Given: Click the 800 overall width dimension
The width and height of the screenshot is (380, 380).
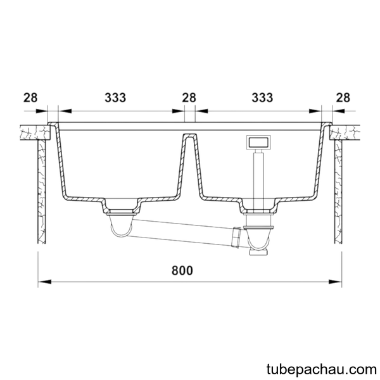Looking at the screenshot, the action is [182, 270].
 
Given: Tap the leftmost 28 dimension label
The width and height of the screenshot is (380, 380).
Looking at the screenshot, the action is [30, 98].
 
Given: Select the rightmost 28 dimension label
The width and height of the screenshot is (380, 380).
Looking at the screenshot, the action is [343, 98].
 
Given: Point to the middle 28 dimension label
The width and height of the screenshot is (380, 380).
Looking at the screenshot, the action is [189, 98].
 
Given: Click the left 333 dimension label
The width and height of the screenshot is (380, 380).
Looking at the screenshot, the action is [115, 98].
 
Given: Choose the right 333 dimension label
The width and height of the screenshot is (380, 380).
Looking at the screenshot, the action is [262, 98].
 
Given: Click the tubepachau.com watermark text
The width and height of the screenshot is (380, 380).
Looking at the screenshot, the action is [322, 370].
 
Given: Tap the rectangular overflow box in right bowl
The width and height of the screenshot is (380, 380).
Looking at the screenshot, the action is [258, 142].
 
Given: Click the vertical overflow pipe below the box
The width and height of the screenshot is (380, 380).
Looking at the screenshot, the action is [258, 179].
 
